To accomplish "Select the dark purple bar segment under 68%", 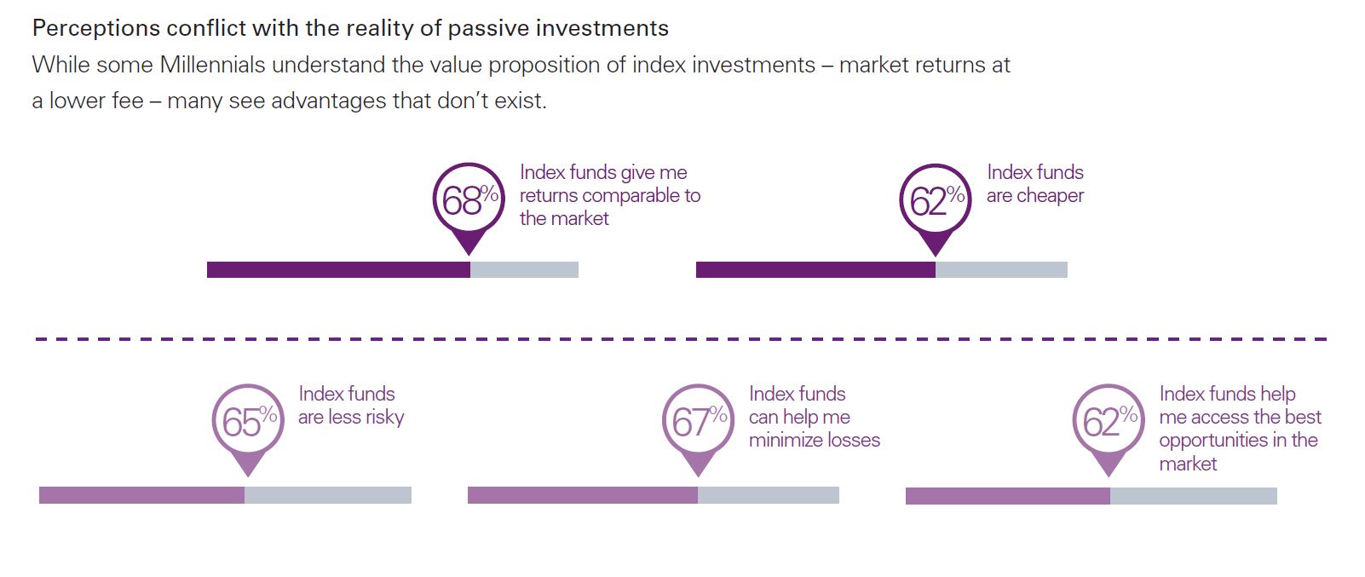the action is [x=339, y=270].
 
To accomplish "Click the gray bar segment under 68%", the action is [x=525, y=270].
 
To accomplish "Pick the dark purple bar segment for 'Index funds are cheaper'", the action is [x=816, y=270].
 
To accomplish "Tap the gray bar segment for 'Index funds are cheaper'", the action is [x=1002, y=270].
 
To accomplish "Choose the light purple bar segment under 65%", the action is [x=142, y=495].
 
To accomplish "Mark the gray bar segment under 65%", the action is [x=328, y=495].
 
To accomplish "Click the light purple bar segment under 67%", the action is [x=583, y=495].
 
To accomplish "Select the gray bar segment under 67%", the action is [x=769, y=495].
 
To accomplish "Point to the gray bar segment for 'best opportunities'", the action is [x=1194, y=496].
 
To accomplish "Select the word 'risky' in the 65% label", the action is [x=384, y=418].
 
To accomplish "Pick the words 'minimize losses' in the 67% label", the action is [x=815, y=440].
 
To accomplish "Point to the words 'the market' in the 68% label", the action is [x=564, y=218].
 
